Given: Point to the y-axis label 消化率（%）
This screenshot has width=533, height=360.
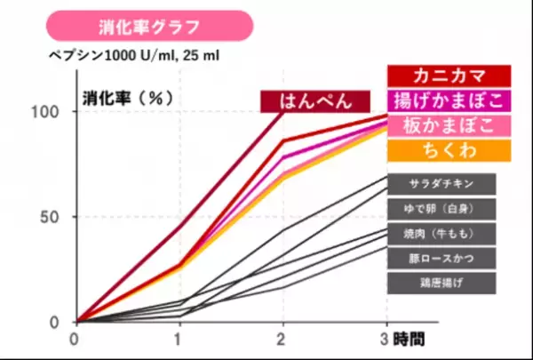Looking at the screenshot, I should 127,95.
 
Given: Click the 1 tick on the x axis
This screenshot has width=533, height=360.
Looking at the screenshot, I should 179,340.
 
